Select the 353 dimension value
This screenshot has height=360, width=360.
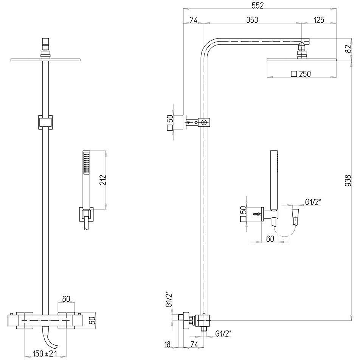(252, 20)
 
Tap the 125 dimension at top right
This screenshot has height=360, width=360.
(319, 20)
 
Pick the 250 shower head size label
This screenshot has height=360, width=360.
(305, 74)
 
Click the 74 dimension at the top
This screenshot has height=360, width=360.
(193, 20)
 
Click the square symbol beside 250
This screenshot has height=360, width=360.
(294, 74)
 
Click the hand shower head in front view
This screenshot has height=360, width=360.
(87, 163)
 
